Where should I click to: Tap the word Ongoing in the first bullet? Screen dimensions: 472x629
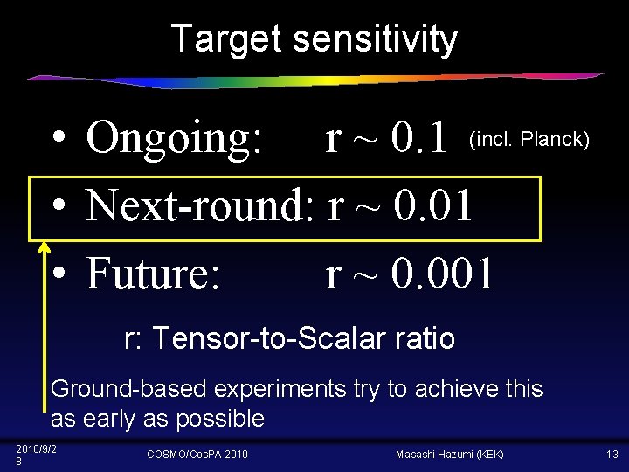[174, 138]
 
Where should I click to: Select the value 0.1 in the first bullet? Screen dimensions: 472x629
[419, 138]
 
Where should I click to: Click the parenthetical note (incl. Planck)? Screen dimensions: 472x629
[529, 139]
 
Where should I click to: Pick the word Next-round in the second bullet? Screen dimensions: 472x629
[200, 206]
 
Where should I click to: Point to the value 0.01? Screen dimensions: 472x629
[433, 206]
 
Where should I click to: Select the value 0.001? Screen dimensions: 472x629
[444, 274]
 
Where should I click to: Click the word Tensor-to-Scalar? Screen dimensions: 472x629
[266, 337]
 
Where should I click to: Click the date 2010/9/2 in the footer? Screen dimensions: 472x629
[36, 448]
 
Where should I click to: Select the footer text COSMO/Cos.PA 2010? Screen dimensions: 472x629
[197, 455]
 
